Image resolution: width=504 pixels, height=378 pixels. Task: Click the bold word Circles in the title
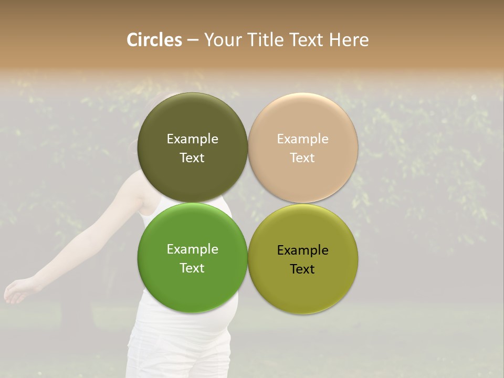tap(154, 40)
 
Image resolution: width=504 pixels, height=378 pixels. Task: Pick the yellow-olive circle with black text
tap(303, 289)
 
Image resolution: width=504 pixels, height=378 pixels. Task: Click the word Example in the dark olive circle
tap(192, 139)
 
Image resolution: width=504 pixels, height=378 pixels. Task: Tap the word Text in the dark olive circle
tap(192, 158)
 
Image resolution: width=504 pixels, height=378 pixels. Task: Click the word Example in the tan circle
tap(303, 139)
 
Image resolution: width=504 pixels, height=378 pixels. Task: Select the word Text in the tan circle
tap(303, 158)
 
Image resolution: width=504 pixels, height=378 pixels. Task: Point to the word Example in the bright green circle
tap(192, 249)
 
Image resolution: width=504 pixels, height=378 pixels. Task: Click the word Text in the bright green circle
tap(192, 268)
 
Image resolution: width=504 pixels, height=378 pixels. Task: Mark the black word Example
tap(303, 250)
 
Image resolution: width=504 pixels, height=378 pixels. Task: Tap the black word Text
tap(303, 269)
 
